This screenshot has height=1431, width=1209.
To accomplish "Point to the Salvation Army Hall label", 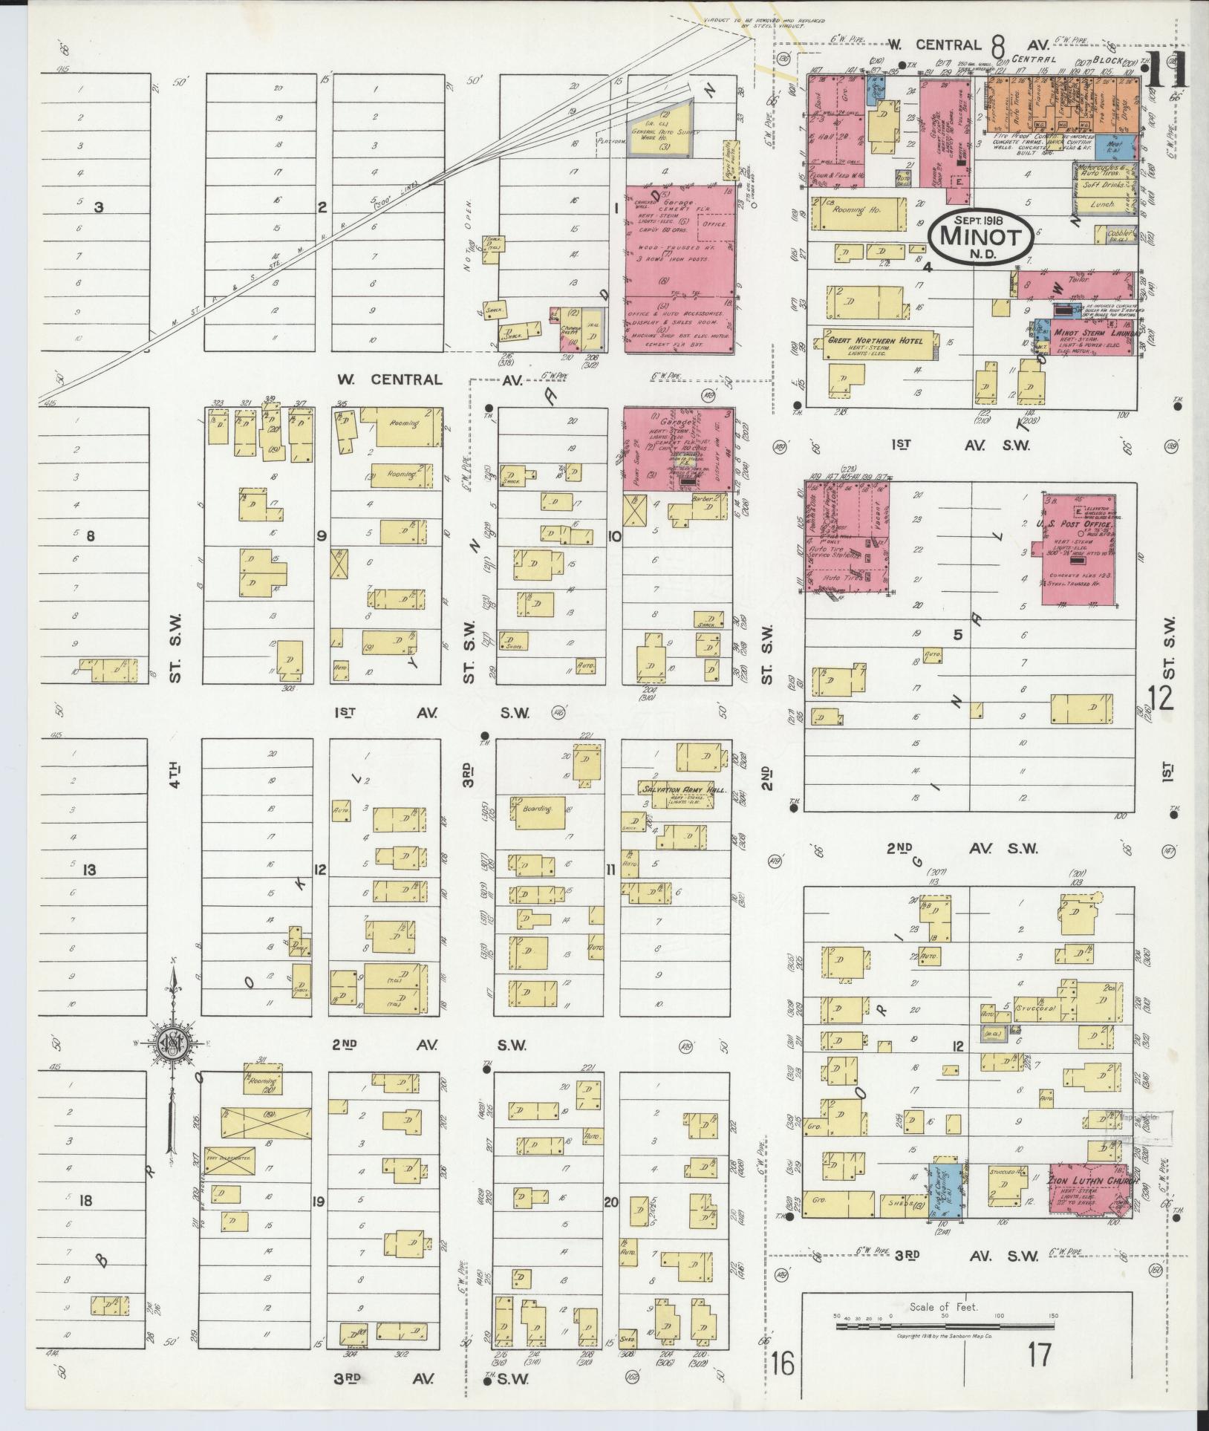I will coord(681,790).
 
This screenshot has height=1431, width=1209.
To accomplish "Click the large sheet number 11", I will coord(1166,73).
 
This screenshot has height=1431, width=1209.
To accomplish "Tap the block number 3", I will coord(98,207).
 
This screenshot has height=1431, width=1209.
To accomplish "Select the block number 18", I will coord(86,1199).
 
